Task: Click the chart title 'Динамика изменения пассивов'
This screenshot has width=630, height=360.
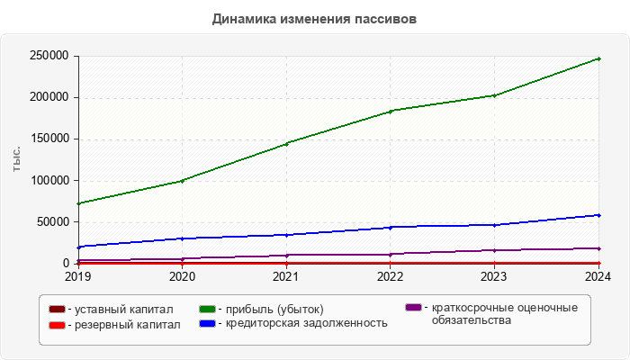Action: click(x=314, y=18)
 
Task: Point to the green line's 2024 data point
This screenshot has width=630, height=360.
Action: click(x=598, y=58)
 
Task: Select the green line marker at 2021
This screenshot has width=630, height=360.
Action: click(x=286, y=143)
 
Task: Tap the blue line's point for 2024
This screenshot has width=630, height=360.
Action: click(x=598, y=215)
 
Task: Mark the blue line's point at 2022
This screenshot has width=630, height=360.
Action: click(x=391, y=227)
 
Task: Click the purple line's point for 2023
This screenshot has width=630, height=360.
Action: click(x=494, y=250)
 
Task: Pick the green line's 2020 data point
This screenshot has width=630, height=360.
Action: click(x=183, y=181)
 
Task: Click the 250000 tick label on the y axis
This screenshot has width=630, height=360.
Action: click(x=49, y=56)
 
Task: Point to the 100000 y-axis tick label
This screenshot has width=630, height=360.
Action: click(x=49, y=180)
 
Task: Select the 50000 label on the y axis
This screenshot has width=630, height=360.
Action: click(x=53, y=221)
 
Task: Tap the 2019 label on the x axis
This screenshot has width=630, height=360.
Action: click(x=78, y=276)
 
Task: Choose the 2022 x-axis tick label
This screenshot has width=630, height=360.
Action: click(x=391, y=276)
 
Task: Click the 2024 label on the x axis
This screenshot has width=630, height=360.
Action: click(x=598, y=276)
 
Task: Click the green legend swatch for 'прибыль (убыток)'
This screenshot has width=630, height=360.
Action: click(x=207, y=310)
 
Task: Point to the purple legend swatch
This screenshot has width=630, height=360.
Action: click(x=414, y=308)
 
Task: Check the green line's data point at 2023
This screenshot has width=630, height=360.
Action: click(x=494, y=95)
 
